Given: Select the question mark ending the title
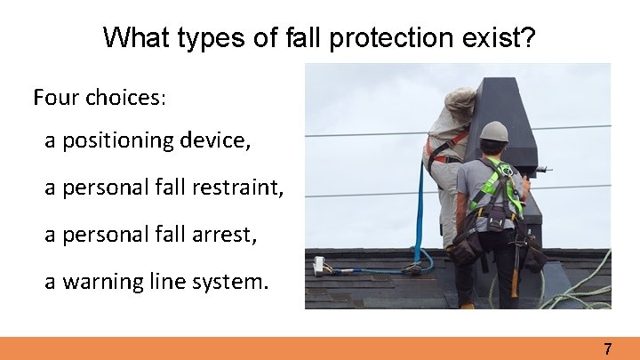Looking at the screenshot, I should pos(530,37).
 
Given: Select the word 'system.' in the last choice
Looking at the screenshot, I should pos(231,282).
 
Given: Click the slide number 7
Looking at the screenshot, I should pos(608,349).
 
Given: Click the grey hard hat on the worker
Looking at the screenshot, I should pos(494,132).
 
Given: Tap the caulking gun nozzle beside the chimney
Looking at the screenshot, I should pos(544,169).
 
